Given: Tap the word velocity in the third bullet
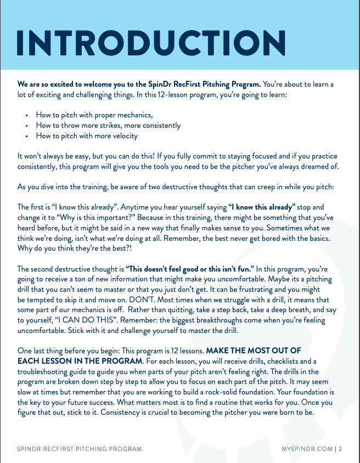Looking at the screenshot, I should click(x=122, y=135).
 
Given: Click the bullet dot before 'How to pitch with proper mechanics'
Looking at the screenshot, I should click(x=27, y=116).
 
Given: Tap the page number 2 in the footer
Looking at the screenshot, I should click(x=341, y=448).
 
